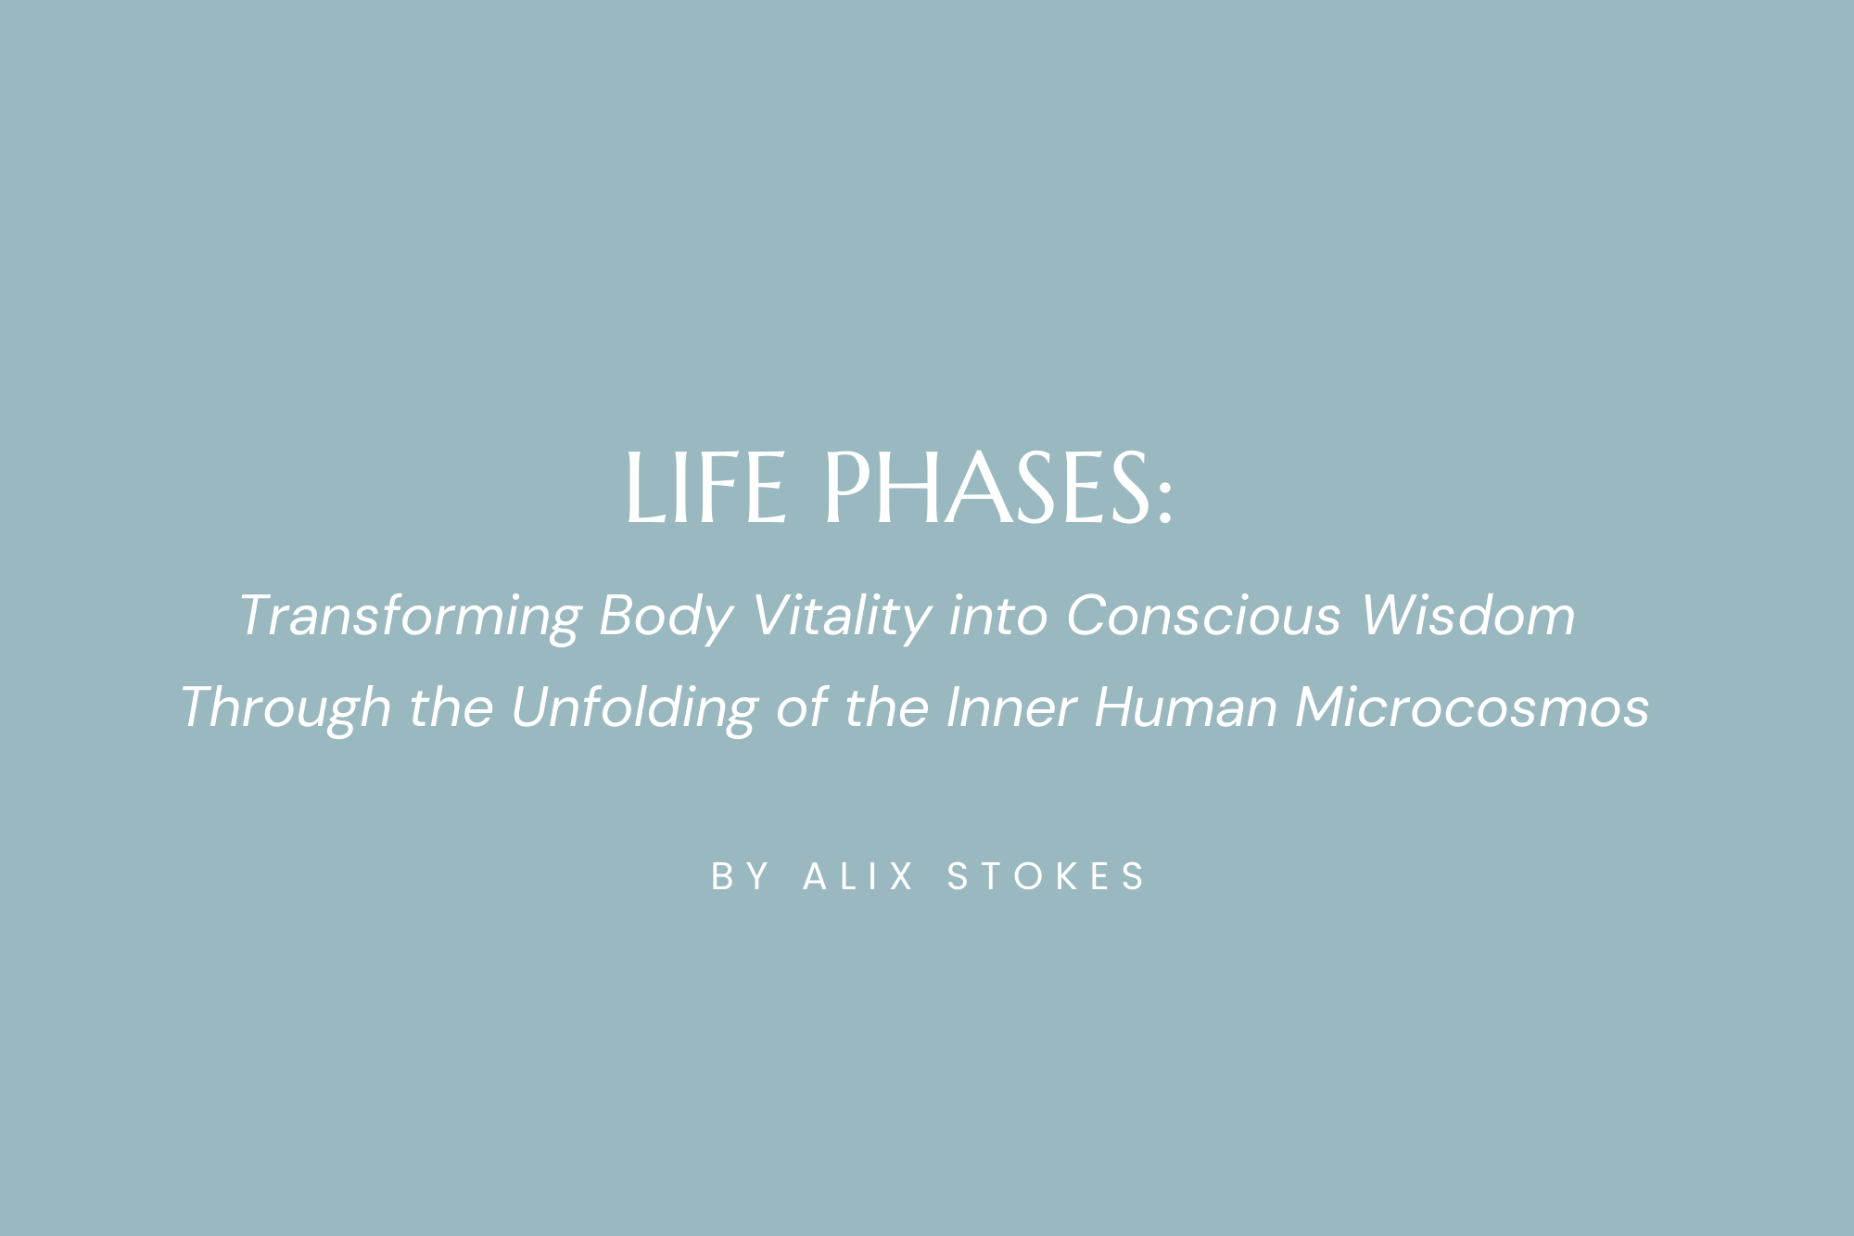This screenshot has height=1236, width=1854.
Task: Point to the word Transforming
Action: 410,616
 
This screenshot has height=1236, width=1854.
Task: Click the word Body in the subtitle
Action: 666,616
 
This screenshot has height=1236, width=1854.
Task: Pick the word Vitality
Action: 841,616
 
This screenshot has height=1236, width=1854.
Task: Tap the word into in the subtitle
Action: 997,616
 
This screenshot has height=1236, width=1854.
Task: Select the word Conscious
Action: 1203,616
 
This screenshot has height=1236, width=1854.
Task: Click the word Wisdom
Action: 1468,616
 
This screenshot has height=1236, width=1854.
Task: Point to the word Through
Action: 286,708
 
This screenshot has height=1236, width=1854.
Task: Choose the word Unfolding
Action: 634,708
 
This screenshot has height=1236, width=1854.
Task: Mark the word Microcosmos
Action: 1472,708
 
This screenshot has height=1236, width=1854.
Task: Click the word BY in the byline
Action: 740,877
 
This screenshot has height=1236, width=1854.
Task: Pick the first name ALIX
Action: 858,877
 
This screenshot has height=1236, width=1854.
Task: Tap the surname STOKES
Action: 1046,877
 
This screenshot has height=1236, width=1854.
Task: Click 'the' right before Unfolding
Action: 451,708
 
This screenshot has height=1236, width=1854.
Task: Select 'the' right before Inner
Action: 886,708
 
